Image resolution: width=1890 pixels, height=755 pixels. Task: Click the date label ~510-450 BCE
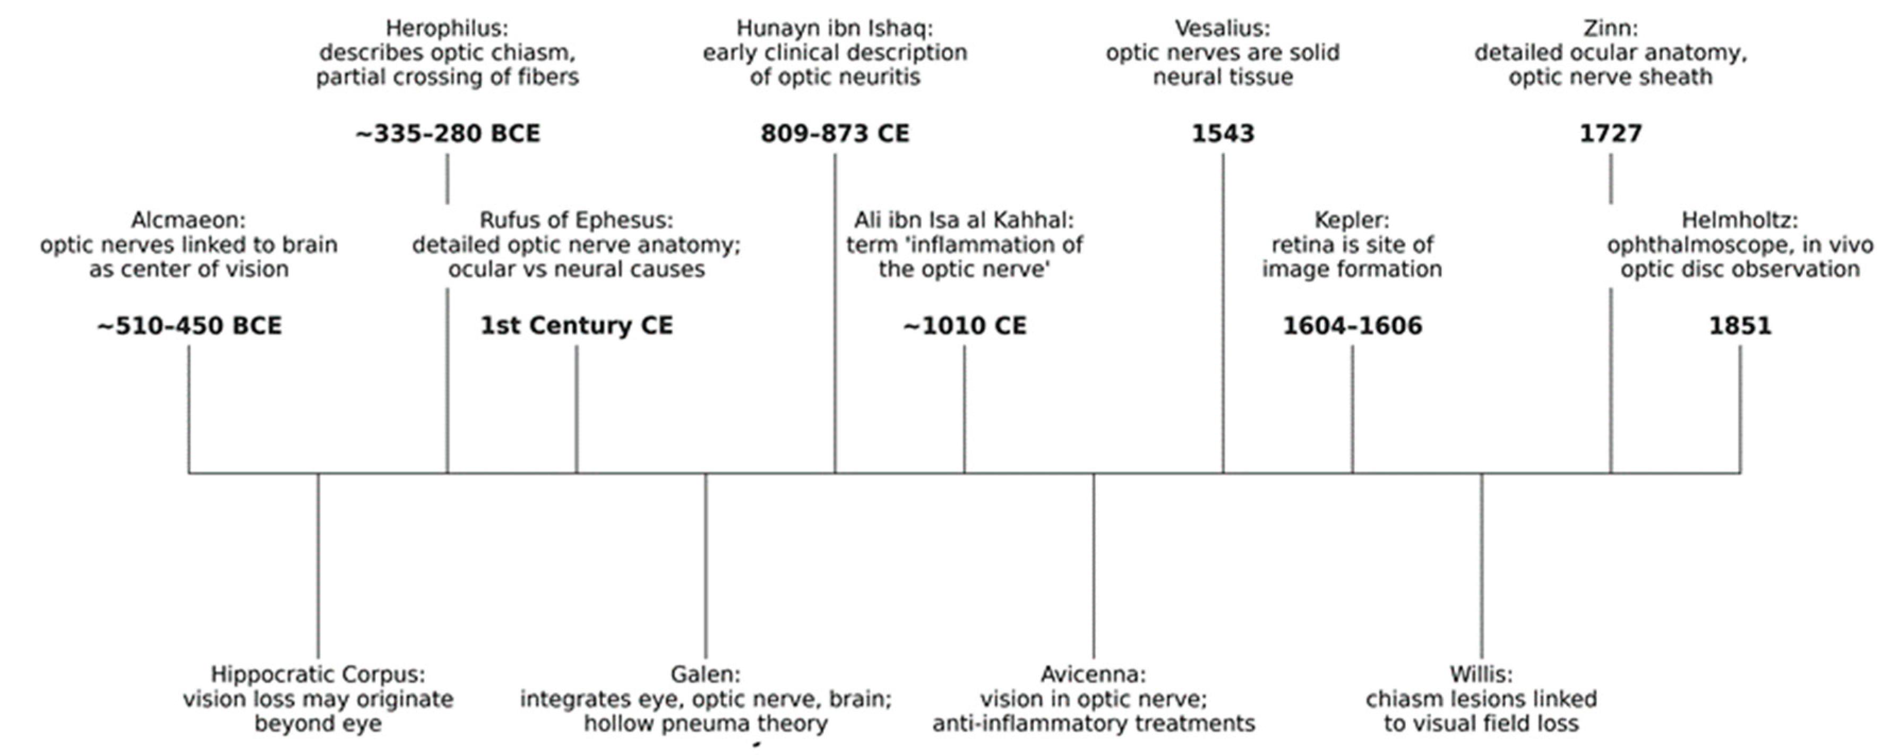coord(190,326)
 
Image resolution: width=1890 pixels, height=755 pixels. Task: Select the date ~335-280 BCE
coord(448,134)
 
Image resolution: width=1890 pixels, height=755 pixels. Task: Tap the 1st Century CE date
coord(577,326)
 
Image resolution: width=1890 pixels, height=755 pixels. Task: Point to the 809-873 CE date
coord(835,134)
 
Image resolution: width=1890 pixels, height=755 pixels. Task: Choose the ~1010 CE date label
coord(964,326)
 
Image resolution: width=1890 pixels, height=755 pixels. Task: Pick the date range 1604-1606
coord(1352,326)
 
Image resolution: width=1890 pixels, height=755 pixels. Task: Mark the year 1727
coord(1610,134)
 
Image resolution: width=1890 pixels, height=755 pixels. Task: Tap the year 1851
coord(1740,326)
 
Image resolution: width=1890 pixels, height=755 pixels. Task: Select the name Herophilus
coord(446,29)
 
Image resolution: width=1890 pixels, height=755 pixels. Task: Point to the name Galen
coord(705,674)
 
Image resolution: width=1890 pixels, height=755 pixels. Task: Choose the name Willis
coord(1481,674)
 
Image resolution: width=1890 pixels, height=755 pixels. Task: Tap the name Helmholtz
coord(1739,220)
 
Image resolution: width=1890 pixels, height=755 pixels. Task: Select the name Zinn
coord(1610,29)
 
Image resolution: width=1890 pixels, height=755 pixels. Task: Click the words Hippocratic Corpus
coord(317,674)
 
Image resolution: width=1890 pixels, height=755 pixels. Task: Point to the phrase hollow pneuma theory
coord(706,724)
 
